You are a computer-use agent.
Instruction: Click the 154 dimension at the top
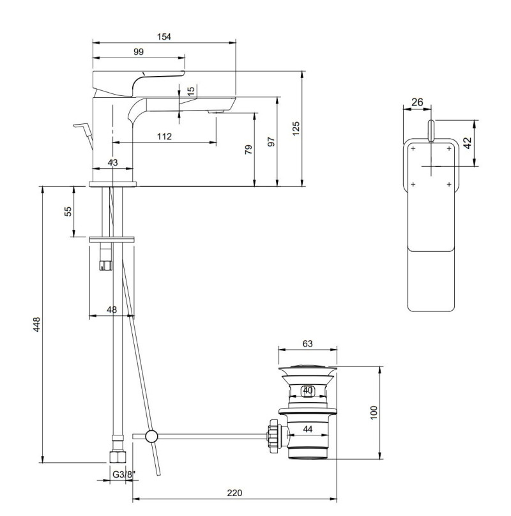164,37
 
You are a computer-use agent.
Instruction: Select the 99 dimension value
139,52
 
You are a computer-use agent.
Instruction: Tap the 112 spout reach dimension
164,136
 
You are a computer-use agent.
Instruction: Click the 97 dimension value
271,142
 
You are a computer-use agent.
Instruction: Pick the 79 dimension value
248,150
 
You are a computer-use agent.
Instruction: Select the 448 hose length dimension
36,324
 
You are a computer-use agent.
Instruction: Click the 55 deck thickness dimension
68,212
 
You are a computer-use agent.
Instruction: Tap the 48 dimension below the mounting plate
112,309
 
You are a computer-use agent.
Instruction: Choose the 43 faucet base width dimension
112,163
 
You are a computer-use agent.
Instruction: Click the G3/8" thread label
123,474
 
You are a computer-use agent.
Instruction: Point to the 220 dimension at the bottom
234,493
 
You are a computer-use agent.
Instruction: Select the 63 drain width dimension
307,343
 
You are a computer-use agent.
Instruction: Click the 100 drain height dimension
374,412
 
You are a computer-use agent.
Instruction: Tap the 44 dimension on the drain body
307,430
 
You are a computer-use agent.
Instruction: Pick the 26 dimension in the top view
417,102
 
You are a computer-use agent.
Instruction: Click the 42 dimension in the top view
467,143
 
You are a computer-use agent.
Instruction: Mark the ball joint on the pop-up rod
151,437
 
